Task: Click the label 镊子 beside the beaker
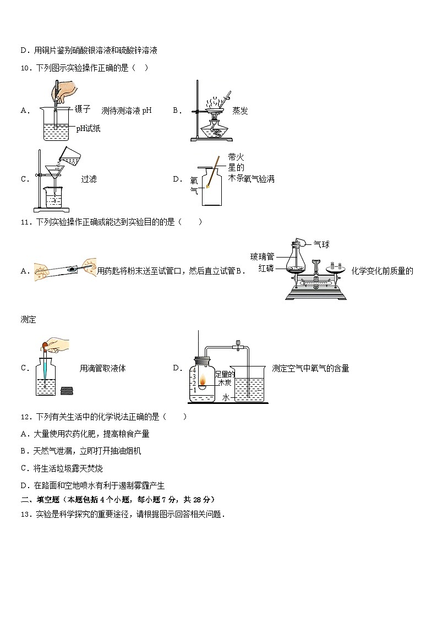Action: point(83,109)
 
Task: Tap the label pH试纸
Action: point(88,128)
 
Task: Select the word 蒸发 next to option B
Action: point(240,111)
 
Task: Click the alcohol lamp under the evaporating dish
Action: point(214,128)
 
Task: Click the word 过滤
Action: point(89,179)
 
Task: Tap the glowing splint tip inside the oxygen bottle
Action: point(207,185)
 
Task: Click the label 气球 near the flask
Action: point(321,244)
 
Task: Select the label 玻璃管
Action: point(262,257)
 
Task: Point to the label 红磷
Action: point(266,269)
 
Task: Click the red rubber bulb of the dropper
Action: point(45,347)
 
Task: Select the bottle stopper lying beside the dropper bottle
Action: point(68,391)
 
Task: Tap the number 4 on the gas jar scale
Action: point(194,370)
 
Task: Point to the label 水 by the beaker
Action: point(226,398)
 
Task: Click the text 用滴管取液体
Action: point(102,369)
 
